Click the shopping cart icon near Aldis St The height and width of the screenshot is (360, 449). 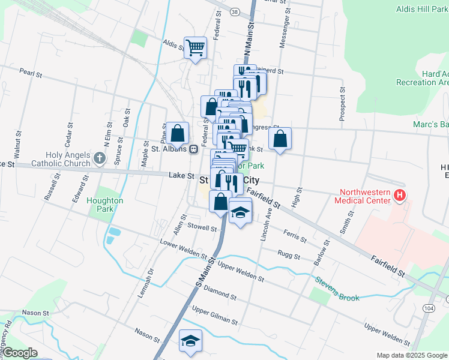(196, 47)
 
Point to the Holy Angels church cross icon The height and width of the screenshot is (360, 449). (100, 159)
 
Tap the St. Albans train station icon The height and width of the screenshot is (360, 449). (193, 149)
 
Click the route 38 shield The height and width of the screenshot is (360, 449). (234, 11)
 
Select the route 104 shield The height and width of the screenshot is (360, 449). (428, 307)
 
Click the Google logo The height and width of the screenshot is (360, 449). (19, 353)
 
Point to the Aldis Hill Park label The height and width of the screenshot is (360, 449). (421, 9)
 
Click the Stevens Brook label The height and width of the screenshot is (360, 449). (337, 280)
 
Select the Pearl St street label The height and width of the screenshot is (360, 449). (31, 74)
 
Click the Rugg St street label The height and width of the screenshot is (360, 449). (289, 255)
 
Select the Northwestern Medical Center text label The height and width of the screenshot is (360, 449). (364, 201)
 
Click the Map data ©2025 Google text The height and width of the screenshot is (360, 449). (411, 355)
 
